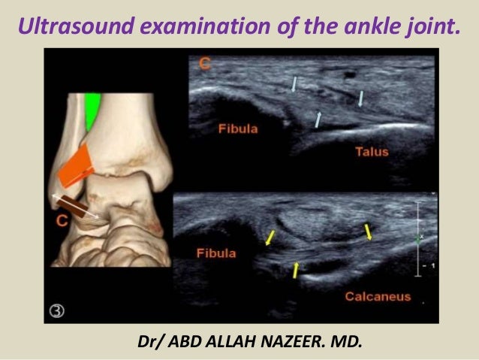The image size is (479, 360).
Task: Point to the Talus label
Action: (x=372, y=152)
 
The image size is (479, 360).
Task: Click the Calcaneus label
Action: (x=378, y=296)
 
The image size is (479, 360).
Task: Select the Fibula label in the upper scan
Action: (x=238, y=129)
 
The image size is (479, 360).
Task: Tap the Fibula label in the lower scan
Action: (x=216, y=253)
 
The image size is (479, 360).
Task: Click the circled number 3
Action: (x=59, y=309)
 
